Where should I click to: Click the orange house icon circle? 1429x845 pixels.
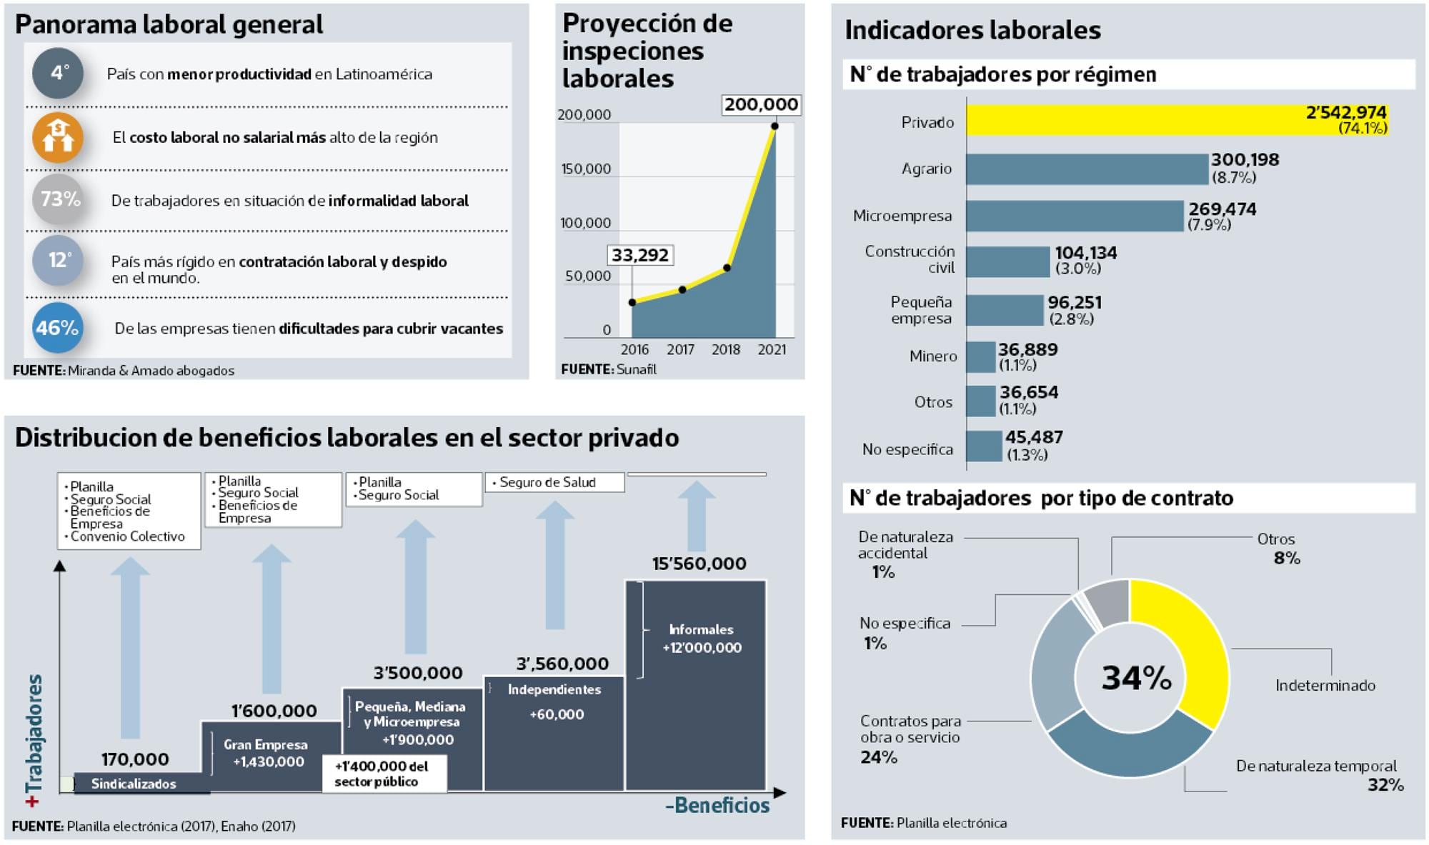tap(58, 137)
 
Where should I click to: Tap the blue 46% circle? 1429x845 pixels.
tap(58, 328)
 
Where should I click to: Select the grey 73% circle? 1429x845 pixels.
tap(58, 199)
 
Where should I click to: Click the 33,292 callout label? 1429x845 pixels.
tap(640, 255)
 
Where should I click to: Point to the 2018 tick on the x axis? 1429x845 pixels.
tap(726, 349)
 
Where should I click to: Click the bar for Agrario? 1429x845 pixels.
tap(1086, 169)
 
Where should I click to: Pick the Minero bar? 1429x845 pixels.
tap(981, 356)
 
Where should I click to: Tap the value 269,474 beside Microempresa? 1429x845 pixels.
tap(1222, 209)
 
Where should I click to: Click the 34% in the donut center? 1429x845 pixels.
tap(1136, 678)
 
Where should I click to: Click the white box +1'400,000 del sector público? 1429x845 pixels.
tap(384, 774)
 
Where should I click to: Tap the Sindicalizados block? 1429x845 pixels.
tap(134, 784)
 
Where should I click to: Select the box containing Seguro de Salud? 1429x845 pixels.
tap(554, 482)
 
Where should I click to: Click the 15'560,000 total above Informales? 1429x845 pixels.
tap(699, 564)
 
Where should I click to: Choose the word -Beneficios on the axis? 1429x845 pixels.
tap(717, 806)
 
